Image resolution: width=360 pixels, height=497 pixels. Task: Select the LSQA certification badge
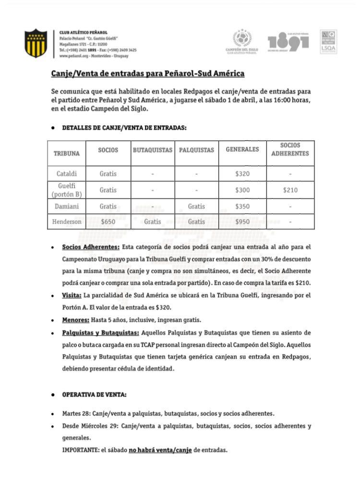(328, 42)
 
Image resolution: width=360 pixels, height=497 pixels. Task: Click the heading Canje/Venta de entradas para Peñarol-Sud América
(148, 73)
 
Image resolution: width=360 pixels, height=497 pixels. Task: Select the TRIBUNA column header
(66, 154)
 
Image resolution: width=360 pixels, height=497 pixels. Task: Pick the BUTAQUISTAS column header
(152, 150)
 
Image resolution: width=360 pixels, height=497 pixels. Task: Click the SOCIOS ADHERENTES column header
(289, 149)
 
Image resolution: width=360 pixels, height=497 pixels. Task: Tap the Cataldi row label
(66, 173)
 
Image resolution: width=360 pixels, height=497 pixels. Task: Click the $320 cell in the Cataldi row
(242, 173)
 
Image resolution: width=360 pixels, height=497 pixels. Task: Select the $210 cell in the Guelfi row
(289, 190)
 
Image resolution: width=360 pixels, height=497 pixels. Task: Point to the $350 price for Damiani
(242, 206)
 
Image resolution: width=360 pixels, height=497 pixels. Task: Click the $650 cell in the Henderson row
(108, 222)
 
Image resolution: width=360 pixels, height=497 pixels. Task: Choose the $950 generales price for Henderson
(242, 222)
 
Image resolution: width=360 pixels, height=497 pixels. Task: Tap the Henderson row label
(66, 222)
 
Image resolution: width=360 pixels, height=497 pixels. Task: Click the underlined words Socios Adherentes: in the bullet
(91, 247)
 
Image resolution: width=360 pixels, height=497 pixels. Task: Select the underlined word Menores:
(75, 320)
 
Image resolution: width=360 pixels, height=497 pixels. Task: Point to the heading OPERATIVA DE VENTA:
(95, 395)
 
